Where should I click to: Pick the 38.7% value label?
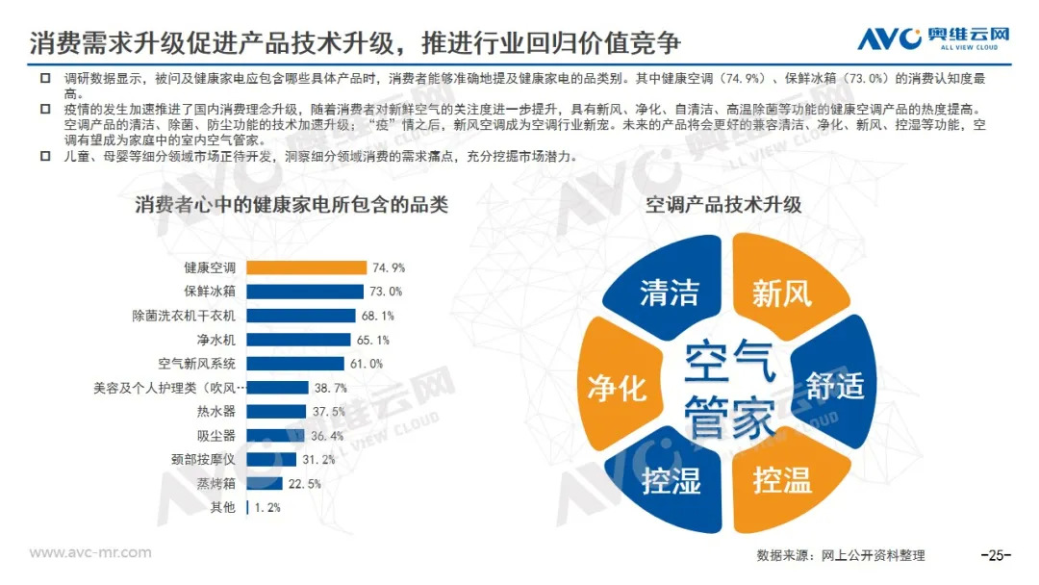point(329,388)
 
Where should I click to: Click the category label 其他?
point(221,507)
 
